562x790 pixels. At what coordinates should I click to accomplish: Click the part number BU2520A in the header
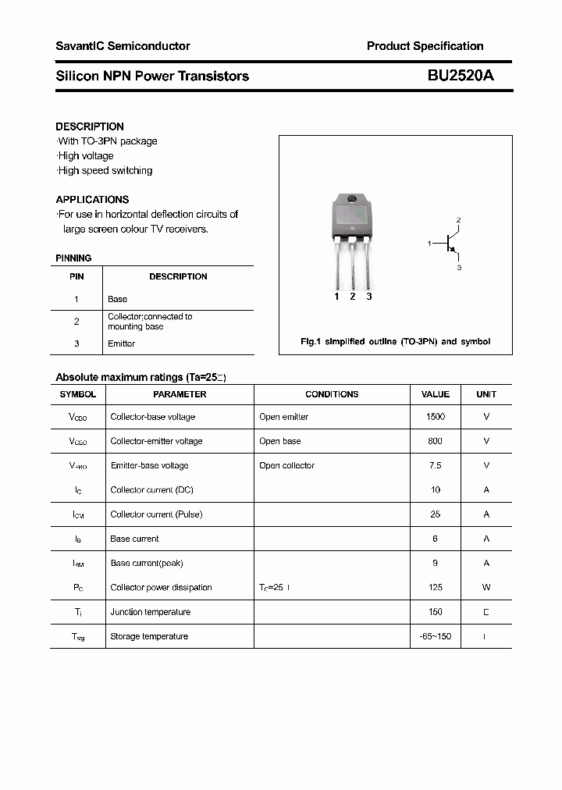click(460, 76)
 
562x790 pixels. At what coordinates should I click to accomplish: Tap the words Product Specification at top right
click(425, 46)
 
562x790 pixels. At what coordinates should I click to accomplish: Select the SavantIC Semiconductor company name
click(123, 46)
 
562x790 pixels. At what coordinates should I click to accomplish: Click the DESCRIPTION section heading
click(90, 126)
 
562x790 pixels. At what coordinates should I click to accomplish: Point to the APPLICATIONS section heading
click(92, 199)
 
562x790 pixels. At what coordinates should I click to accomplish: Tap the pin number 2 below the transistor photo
click(353, 297)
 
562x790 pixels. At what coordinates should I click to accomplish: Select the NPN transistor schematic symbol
click(450, 244)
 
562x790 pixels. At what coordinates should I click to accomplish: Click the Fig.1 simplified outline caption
click(396, 342)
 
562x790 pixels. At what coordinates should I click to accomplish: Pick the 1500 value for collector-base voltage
click(436, 417)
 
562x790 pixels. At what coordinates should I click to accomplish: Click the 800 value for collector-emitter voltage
click(436, 441)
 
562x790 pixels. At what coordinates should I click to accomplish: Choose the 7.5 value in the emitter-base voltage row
click(436, 465)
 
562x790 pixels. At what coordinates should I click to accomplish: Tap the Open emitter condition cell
click(283, 417)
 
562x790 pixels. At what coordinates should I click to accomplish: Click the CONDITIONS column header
click(332, 394)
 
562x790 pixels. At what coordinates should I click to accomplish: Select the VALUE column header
click(436, 394)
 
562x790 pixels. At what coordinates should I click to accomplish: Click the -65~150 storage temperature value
click(436, 636)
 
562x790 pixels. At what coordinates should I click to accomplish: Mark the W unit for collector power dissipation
click(486, 587)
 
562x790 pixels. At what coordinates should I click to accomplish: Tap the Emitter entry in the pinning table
click(121, 343)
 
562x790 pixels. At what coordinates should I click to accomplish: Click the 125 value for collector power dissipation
click(436, 587)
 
